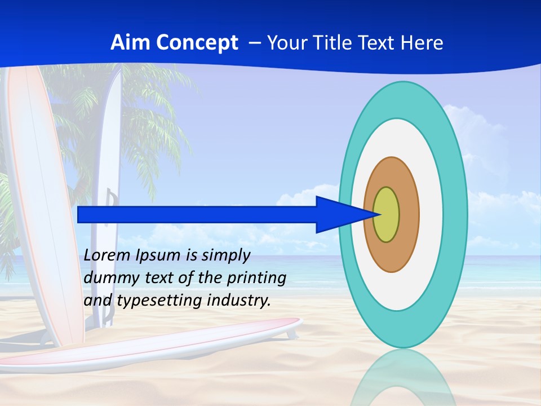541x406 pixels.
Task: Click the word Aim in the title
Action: [x=126, y=43]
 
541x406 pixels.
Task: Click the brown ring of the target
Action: [x=409, y=215]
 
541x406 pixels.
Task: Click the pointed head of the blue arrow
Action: [x=338, y=215]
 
